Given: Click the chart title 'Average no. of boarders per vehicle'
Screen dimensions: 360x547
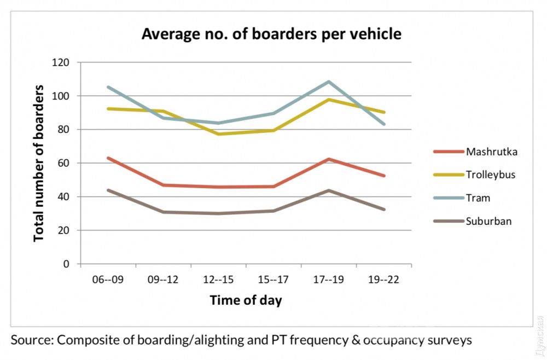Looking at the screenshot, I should click(271, 34).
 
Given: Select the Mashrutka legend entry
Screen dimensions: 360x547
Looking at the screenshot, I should click(491, 152).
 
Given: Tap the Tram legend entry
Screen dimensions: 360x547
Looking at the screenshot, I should click(478, 198).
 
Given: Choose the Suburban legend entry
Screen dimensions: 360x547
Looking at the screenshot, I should click(488, 222).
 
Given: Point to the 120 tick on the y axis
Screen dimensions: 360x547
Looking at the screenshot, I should click(61, 62).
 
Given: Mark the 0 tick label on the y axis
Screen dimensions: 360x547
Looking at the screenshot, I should click(67, 264).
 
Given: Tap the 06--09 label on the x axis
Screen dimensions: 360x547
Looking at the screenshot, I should click(108, 280).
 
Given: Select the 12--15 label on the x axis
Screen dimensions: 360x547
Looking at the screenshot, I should click(218, 280).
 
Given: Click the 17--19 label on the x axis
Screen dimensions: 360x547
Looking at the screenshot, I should click(329, 280).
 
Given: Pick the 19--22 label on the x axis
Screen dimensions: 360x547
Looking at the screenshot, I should click(384, 280).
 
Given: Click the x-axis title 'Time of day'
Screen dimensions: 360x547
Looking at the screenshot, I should click(246, 300).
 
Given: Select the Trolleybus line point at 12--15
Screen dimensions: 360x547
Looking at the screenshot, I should click(218, 134).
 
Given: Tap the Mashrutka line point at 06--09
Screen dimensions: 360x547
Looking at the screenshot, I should click(108, 158).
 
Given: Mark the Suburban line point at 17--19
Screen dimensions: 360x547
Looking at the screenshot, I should click(329, 190).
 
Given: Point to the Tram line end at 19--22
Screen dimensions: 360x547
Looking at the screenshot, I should click(384, 124).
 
